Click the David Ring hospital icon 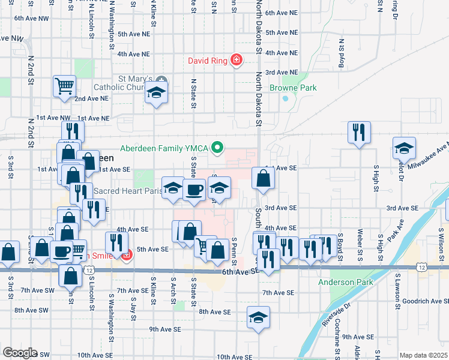237,60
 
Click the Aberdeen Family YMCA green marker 219,147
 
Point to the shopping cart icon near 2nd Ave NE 64,85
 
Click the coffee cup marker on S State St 193,190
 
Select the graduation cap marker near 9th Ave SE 258,317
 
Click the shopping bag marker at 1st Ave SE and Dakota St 263,178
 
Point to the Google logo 20,353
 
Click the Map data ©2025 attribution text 424,355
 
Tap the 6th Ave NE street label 282,12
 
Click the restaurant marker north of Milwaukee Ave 359,132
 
